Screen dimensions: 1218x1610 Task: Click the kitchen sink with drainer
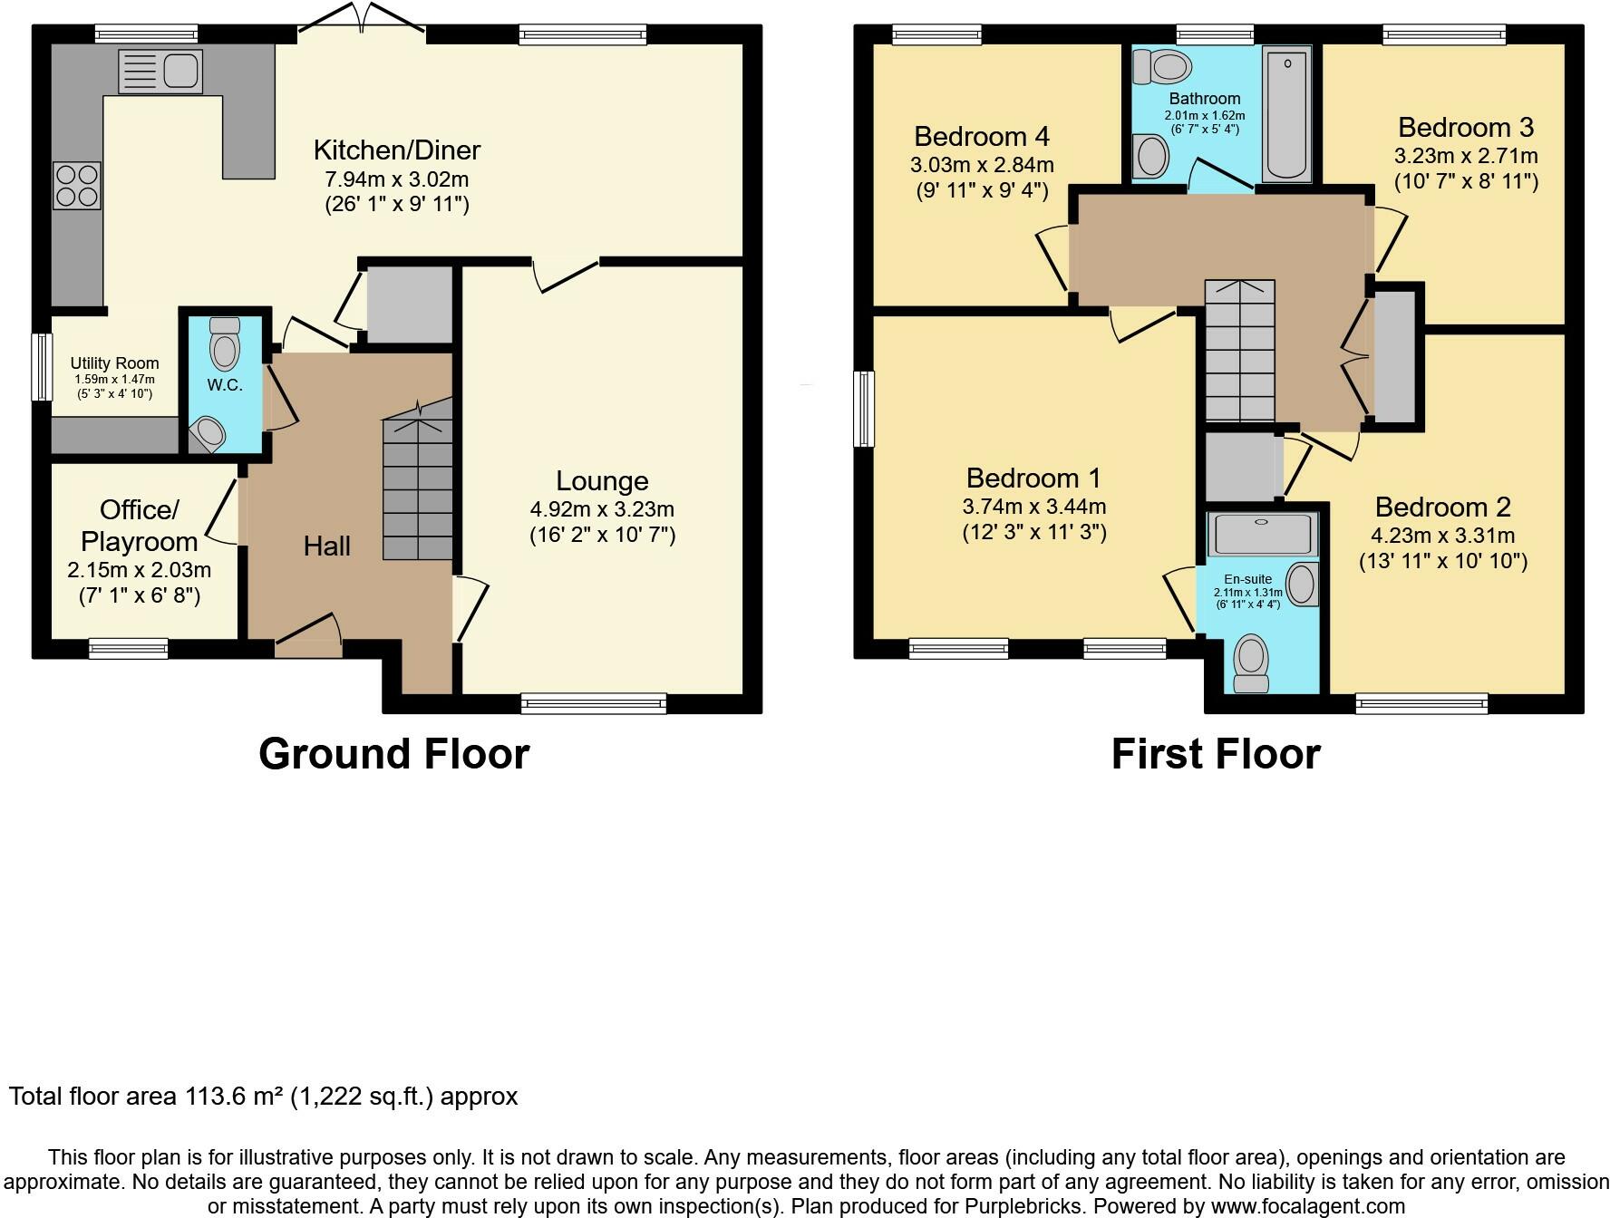coord(160,72)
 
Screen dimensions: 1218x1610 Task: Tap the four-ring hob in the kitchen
coord(77,185)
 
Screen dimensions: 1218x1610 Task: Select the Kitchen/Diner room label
coord(397,150)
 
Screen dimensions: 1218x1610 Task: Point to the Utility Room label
coord(115,362)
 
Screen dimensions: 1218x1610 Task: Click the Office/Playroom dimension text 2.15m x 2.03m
coord(139,570)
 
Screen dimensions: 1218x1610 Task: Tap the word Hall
coord(326,546)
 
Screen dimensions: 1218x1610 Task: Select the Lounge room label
coord(602,480)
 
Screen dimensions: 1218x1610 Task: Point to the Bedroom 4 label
coord(982,136)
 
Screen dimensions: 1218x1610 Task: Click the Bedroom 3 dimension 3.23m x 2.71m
coord(1466,155)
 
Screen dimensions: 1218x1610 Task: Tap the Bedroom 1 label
coord(1033,478)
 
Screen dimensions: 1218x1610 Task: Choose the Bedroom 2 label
coord(1443,507)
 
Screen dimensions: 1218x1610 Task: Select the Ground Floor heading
coord(393,754)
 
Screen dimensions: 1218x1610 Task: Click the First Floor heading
coord(1216,754)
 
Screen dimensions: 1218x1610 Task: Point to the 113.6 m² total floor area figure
coord(235,1097)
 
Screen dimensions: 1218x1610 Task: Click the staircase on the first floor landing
coord(1239,353)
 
